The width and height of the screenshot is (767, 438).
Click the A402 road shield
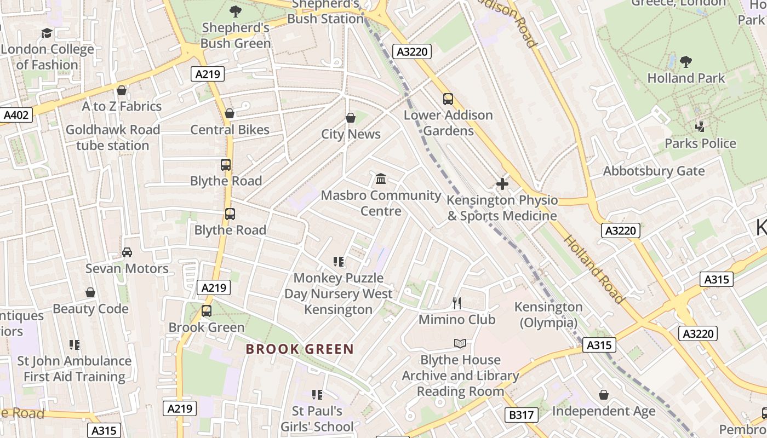[16, 115]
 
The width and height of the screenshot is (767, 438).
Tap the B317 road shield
[521, 415]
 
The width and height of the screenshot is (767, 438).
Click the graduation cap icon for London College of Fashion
[47, 33]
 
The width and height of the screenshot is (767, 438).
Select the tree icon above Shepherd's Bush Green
[236, 11]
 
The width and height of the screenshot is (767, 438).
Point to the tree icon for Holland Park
[685, 61]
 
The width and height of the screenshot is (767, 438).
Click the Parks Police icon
[700, 127]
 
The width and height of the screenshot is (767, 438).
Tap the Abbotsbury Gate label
[654, 171]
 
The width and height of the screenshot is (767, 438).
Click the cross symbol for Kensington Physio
[502, 184]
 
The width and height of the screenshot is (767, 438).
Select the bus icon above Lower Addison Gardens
[448, 99]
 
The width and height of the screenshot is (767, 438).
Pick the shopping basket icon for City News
[351, 118]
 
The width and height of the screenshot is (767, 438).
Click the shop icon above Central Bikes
[230, 113]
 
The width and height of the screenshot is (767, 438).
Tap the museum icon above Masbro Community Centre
[381, 179]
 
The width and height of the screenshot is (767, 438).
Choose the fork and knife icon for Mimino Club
[457, 303]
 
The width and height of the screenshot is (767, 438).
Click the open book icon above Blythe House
[460, 343]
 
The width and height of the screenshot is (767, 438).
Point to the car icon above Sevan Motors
[127, 252]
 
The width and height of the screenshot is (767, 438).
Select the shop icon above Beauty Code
[90, 292]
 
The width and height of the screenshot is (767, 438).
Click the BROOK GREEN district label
[300, 349]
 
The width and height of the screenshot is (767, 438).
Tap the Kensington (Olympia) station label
[548, 315]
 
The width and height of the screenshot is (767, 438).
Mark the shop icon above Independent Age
[603, 395]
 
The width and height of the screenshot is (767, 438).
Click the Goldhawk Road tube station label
[113, 137]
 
